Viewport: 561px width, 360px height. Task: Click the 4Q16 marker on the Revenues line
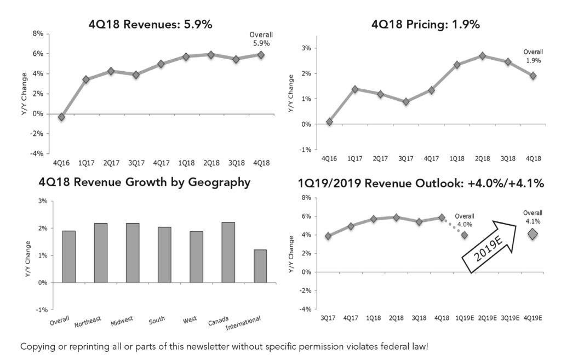(x=61, y=117)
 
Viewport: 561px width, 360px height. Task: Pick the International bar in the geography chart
(x=260, y=266)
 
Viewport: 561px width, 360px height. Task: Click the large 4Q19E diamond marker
(x=533, y=234)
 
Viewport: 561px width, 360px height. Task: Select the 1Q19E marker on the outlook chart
(x=465, y=235)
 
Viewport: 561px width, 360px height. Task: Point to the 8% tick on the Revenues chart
(x=39, y=34)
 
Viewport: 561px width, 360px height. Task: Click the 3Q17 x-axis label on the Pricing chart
(x=406, y=158)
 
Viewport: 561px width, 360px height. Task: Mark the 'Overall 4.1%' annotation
(x=532, y=217)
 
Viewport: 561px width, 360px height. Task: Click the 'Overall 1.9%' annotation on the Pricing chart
(x=532, y=56)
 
